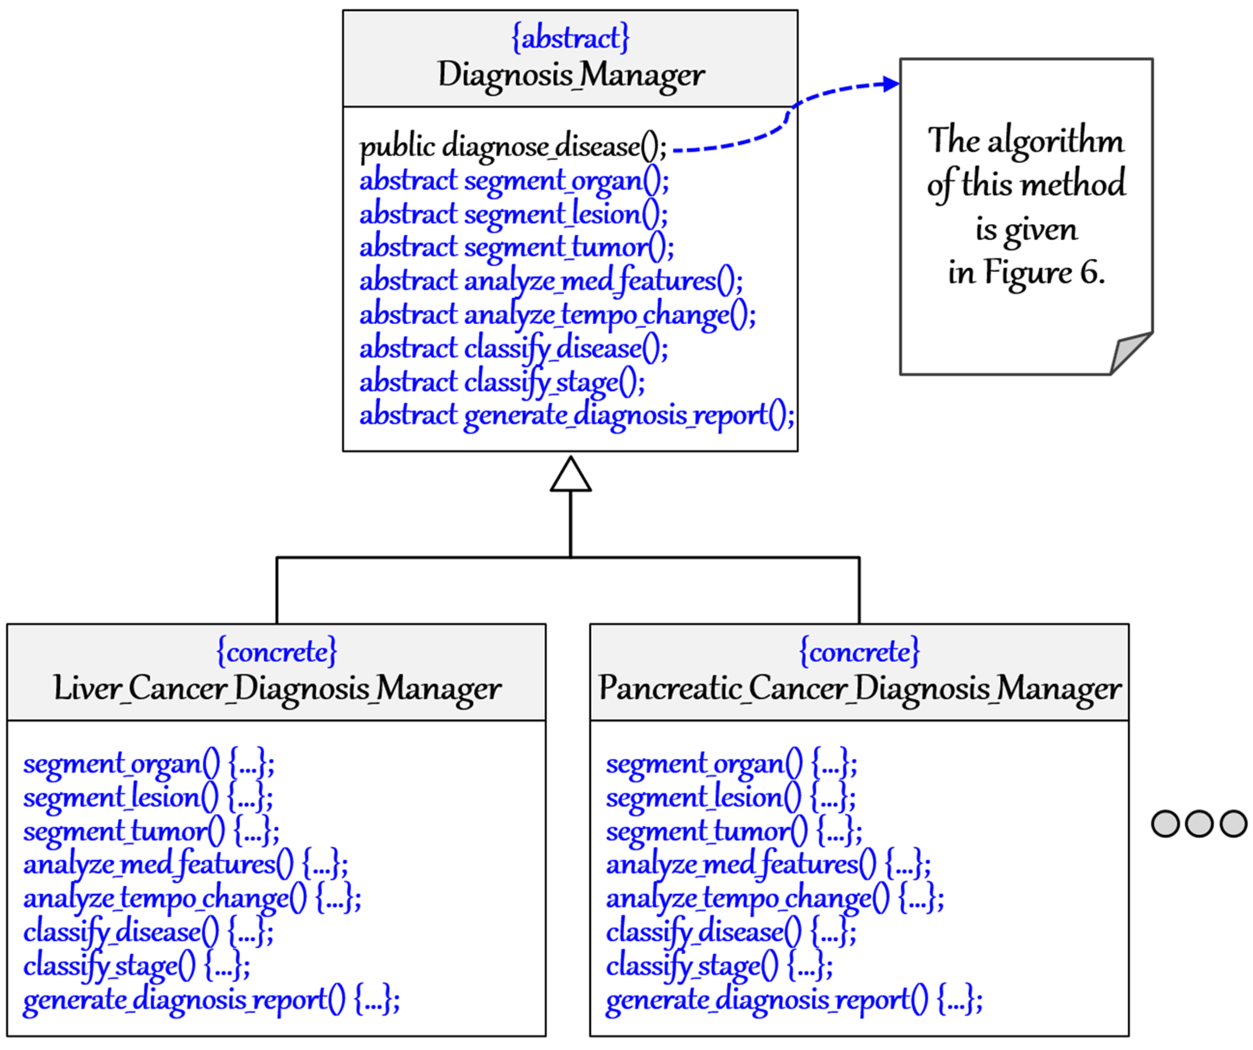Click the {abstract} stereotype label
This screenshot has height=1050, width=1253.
point(570,38)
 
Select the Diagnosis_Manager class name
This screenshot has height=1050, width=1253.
point(570,75)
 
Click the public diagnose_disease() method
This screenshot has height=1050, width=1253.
point(513,147)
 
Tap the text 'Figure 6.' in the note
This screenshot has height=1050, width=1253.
point(1044,273)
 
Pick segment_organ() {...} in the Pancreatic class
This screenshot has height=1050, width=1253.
point(731,764)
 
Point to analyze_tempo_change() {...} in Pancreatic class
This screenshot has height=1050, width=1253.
point(775,899)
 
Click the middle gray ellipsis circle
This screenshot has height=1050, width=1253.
point(1199,824)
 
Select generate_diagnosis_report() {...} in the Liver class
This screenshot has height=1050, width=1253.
point(211,1000)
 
